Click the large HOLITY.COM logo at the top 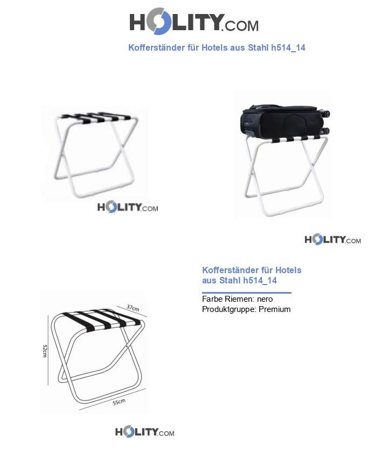(193, 23)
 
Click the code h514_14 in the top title (288, 47)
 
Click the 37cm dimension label (133, 308)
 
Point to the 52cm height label (46, 350)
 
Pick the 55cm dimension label (119, 402)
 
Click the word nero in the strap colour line (265, 299)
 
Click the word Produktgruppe (228, 309)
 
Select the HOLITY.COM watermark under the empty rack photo (128, 207)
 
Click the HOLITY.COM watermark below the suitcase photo (332, 240)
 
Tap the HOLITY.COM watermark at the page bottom (144, 432)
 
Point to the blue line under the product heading (246, 293)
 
